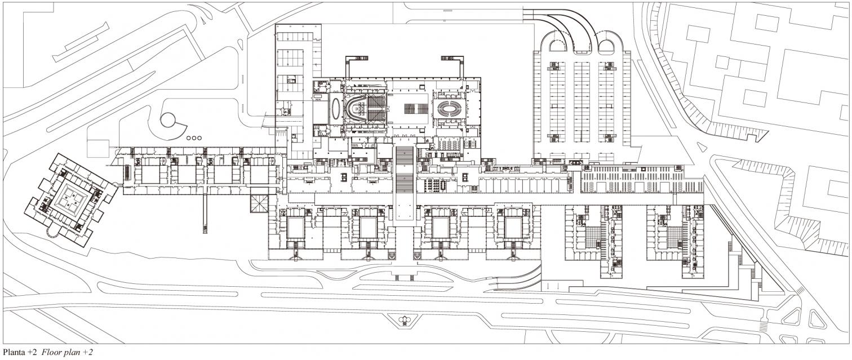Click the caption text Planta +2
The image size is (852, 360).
tap(19, 353)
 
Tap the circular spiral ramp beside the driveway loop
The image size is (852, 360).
tap(168, 119)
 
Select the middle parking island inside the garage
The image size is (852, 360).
tap(582, 101)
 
